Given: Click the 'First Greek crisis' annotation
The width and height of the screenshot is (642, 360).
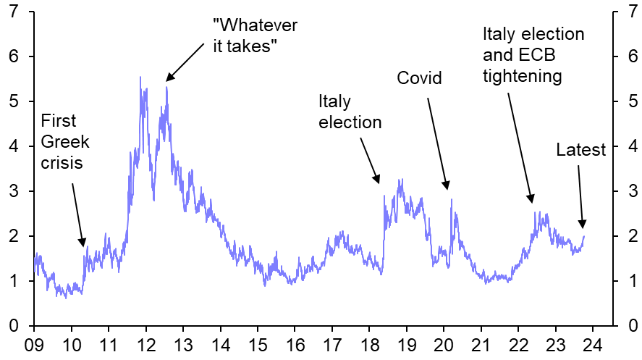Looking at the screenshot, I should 62,142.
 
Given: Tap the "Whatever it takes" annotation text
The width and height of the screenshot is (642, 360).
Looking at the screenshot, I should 255,35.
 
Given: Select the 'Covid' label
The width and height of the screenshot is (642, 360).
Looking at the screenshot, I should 419,78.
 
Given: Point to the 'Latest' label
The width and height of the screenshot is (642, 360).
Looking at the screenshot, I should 580,150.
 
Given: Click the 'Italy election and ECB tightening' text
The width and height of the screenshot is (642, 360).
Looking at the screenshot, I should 533,55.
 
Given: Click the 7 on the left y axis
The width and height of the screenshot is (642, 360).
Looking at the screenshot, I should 14,12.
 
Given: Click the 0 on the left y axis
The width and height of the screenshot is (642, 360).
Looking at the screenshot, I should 14,326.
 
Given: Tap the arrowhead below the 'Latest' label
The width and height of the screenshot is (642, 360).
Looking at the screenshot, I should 583,226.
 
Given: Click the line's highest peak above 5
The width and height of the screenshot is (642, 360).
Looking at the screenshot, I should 140,77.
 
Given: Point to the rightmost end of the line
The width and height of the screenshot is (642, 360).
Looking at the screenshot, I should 584,235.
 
